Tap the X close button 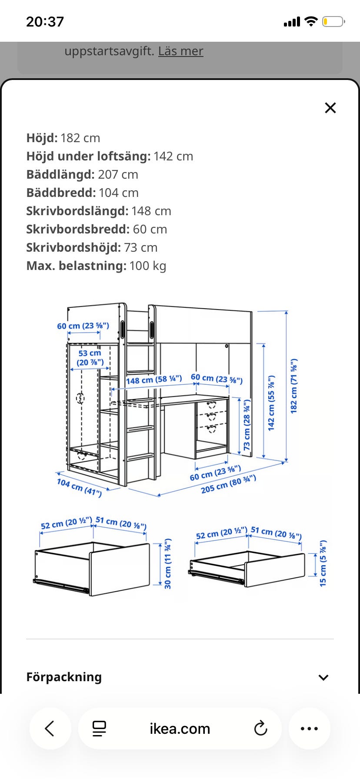point(330,108)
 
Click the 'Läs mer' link point(180,51)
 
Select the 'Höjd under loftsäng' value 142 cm point(173,156)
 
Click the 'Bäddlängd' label point(60,174)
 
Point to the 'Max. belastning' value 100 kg point(148,266)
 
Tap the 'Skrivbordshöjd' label point(73,247)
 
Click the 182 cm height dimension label point(294,386)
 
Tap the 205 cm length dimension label point(228,484)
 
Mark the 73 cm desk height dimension point(247,425)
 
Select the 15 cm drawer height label point(323,563)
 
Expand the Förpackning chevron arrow point(323,677)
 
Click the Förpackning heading point(64,677)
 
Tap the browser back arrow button point(50,729)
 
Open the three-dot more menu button point(309,729)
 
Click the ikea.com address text point(180,729)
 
